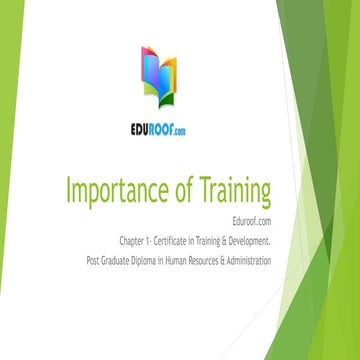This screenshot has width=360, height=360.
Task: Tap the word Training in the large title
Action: (225, 191)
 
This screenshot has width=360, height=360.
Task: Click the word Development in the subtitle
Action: (246, 241)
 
